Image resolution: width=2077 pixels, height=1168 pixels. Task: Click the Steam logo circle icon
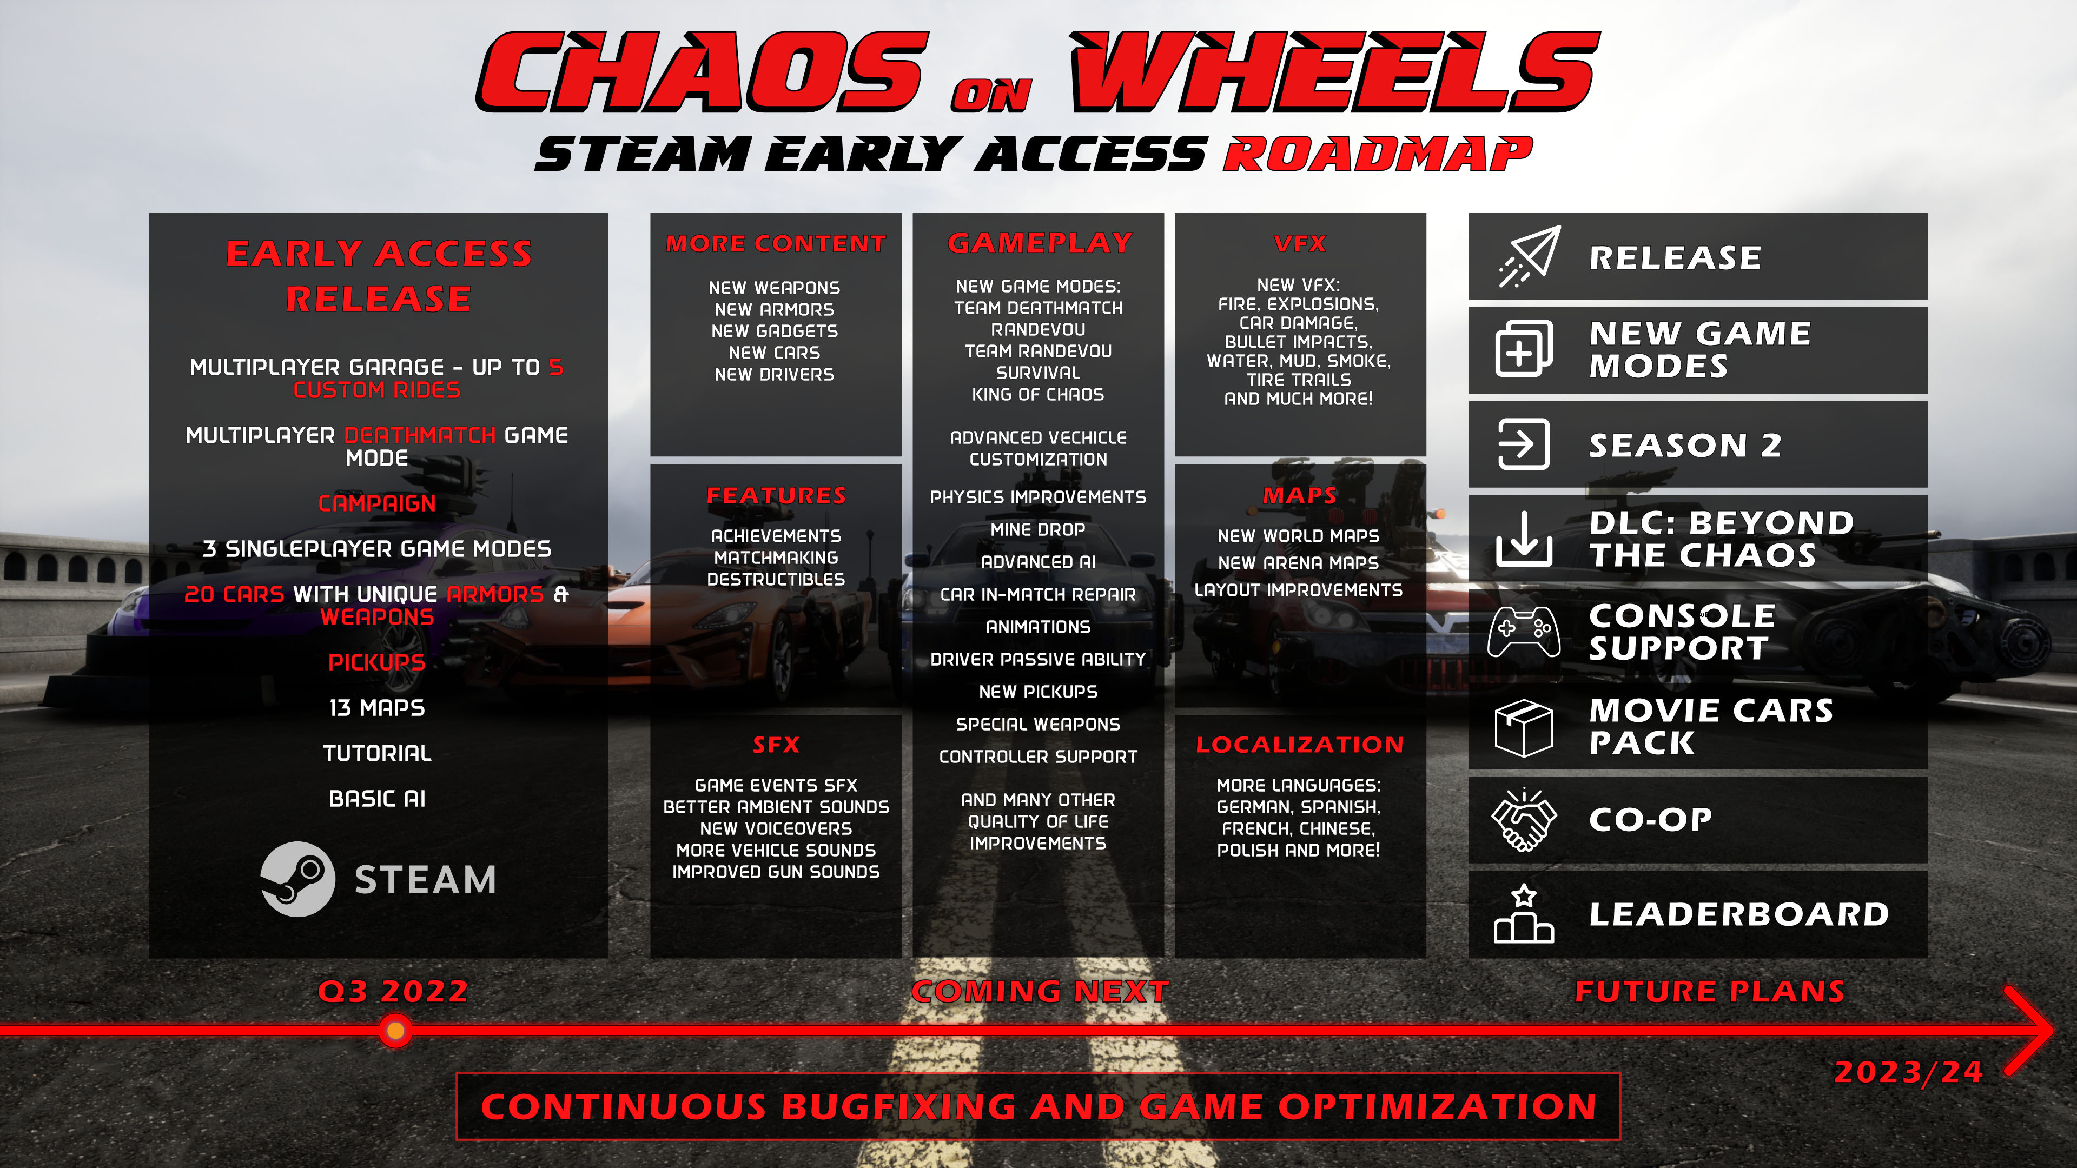[x=297, y=879]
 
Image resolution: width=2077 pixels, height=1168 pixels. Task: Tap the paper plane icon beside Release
[x=1530, y=257]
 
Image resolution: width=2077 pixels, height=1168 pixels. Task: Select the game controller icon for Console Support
[x=1523, y=632]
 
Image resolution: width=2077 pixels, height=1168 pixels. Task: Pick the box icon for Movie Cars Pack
[x=1523, y=727]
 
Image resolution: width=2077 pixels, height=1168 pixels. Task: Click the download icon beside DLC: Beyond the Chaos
[x=1523, y=539]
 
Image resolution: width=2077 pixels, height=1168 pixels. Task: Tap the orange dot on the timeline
[x=395, y=1030]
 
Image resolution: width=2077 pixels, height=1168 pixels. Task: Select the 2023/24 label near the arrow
[x=1908, y=1072]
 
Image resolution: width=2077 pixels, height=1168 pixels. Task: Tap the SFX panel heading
[x=776, y=745]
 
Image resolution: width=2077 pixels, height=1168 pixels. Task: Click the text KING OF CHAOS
[x=1038, y=395]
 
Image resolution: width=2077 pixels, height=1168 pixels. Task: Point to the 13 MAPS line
[x=376, y=708]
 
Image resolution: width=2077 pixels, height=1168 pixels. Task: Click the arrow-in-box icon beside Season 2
[x=1523, y=444]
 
